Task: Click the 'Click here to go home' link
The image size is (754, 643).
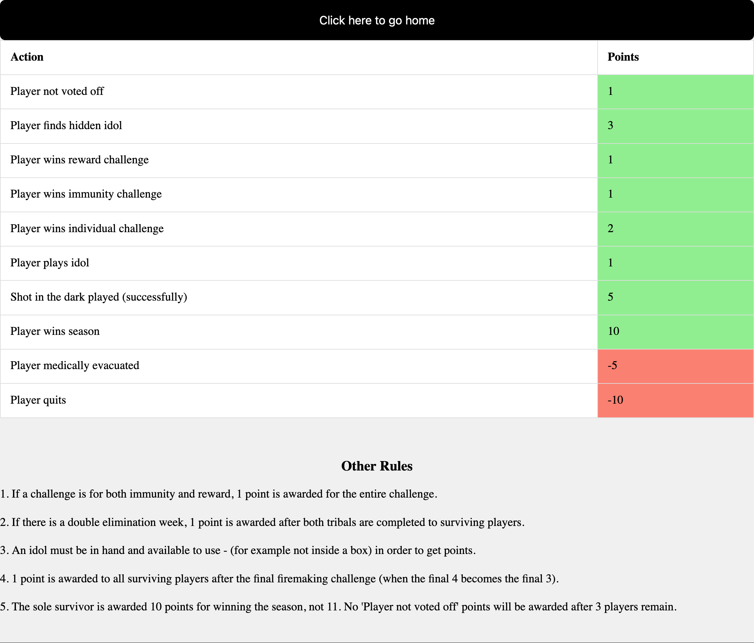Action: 377,21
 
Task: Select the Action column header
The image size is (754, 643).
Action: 27,57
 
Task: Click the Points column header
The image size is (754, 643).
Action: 623,57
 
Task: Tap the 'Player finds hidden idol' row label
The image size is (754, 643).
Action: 66,126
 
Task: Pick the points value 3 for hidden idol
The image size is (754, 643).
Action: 610,126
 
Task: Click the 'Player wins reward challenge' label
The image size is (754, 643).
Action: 79,160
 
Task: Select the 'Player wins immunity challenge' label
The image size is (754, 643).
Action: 86,194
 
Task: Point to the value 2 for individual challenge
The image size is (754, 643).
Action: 610,229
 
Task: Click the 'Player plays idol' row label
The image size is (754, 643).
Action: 50,263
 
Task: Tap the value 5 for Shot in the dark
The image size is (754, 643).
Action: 610,297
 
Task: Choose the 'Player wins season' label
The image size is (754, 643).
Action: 55,331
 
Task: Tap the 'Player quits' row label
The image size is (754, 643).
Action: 38,400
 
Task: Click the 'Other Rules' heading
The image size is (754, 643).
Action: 377,466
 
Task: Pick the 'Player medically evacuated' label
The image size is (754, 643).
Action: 75,366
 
